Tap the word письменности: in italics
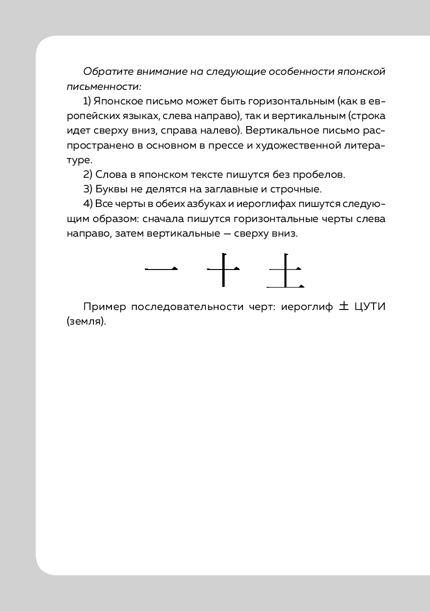pyautogui.click(x=104, y=87)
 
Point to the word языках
pyautogui.click(x=141, y=116)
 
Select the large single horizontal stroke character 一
pyautogui.click(x=161, y=269)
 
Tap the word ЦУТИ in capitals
pyautogui.click(x=368, y=307)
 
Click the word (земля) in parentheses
pyautogui.click(x=86, y=322)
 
